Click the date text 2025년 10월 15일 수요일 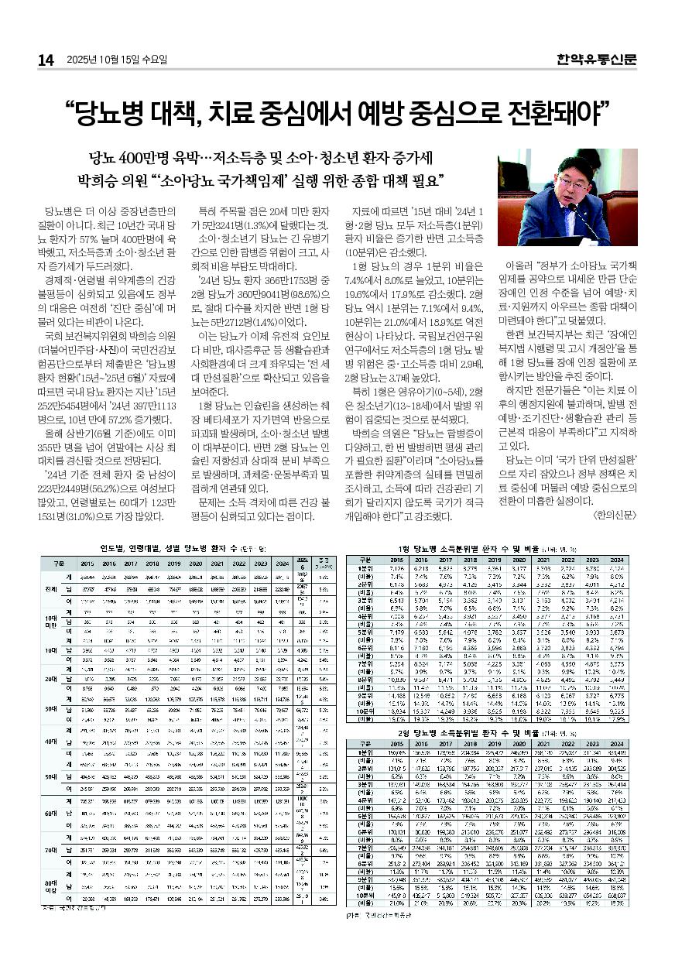[116, 60]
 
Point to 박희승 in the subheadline [98, 183]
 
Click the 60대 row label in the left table [48, 813]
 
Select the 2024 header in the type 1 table [616, 559]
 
